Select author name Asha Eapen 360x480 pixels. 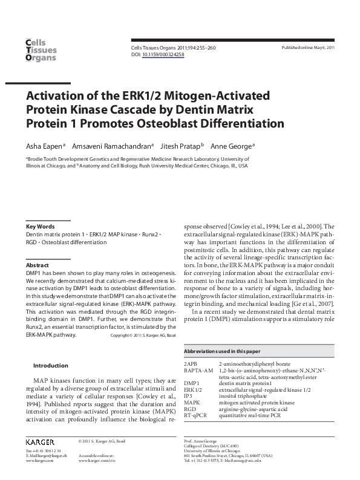point(44,146)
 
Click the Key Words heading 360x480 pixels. point(41,226)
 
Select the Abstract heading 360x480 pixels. point(37,265)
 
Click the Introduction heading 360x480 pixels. point(51,365)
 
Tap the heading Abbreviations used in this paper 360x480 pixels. point(222,351)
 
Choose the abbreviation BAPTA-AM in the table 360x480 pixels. point(198,370)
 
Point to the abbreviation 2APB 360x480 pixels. point(191,363)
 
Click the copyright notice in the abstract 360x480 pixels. point(143,335)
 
